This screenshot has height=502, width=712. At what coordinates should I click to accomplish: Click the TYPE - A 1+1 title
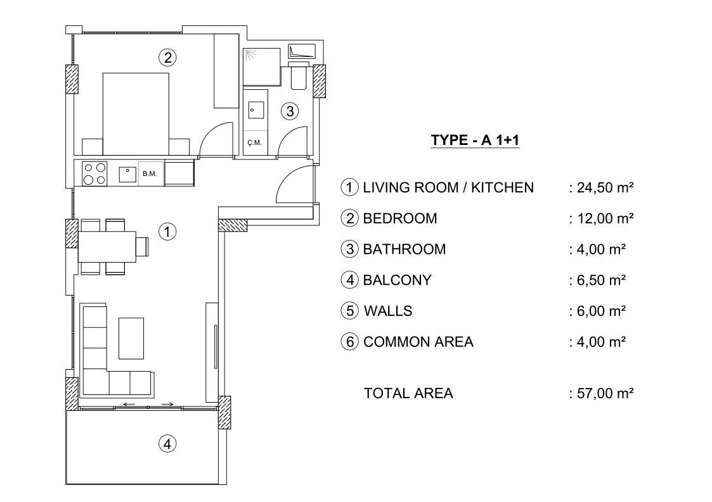pyautogui.click(x=475, y=140)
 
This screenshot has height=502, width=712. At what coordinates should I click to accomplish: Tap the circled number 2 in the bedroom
pyautogui.click(x=167, y=58)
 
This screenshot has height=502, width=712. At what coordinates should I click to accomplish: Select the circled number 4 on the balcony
pyautogui.click(x=167, y=444)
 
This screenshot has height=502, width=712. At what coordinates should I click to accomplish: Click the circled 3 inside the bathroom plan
pyautogui.click(x=290, y=111)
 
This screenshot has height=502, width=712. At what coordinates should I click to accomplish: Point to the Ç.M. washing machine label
pyautogui.click(x=254, y=143)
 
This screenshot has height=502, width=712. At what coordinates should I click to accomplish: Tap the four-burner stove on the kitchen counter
pyautogui.click(x=94, y=173)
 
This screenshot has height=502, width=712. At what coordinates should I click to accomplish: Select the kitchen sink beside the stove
pyautogui.click(x=127, y=174)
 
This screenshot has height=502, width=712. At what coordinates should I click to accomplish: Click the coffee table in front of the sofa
pyautogui.click(x=131, y=338)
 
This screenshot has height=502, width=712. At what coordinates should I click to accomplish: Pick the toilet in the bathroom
pyautogui.click(x=299, y=75)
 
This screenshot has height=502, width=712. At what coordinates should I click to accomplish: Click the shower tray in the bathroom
pyautogui.click(x=262, y=66)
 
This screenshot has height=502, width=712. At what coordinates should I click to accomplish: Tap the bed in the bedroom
pyautogui.click(x=136, y=115)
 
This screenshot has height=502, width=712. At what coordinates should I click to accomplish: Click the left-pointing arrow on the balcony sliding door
pyautogui.click(x=129, y=404)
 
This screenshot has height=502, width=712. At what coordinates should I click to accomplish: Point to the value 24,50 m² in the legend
pyautogui.click(x=605, y=187)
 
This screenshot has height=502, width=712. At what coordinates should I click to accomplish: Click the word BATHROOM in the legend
pyautogui.click(x=404, y=249)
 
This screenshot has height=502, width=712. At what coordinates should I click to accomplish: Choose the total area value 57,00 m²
pyautogui.click(x=605, y=392)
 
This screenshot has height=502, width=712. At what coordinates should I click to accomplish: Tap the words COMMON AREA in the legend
pyautogui.click(x=418, y=341)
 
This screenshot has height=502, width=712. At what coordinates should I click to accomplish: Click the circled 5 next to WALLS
pyautogui.click(x=349, y=311)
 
